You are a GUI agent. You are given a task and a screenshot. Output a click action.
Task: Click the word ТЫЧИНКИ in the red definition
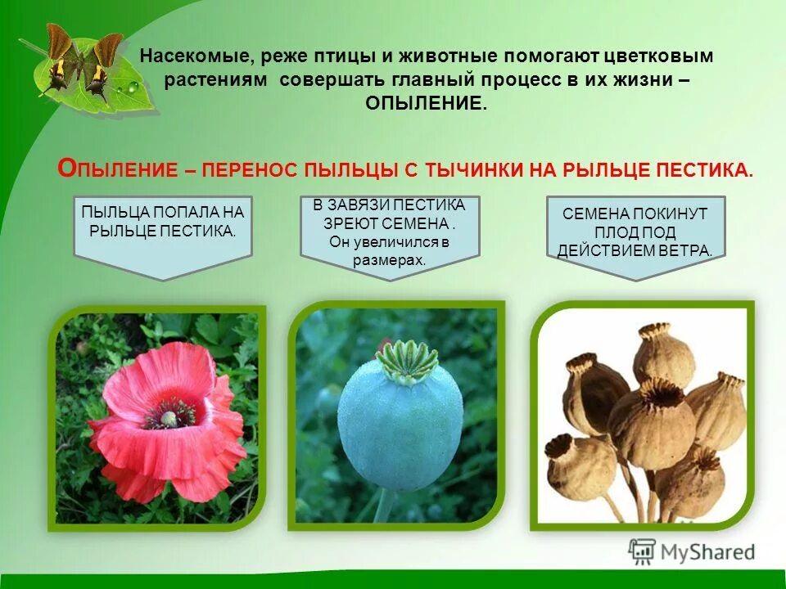(477, 169)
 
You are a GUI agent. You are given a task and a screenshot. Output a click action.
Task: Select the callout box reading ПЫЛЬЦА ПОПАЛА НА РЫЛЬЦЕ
(162, 230)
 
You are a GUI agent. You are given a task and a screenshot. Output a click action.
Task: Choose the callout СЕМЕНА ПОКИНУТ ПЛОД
(635, 232)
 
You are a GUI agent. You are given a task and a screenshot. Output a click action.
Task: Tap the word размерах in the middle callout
(390, 260)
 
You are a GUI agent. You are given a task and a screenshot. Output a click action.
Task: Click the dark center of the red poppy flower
(169, 418)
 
